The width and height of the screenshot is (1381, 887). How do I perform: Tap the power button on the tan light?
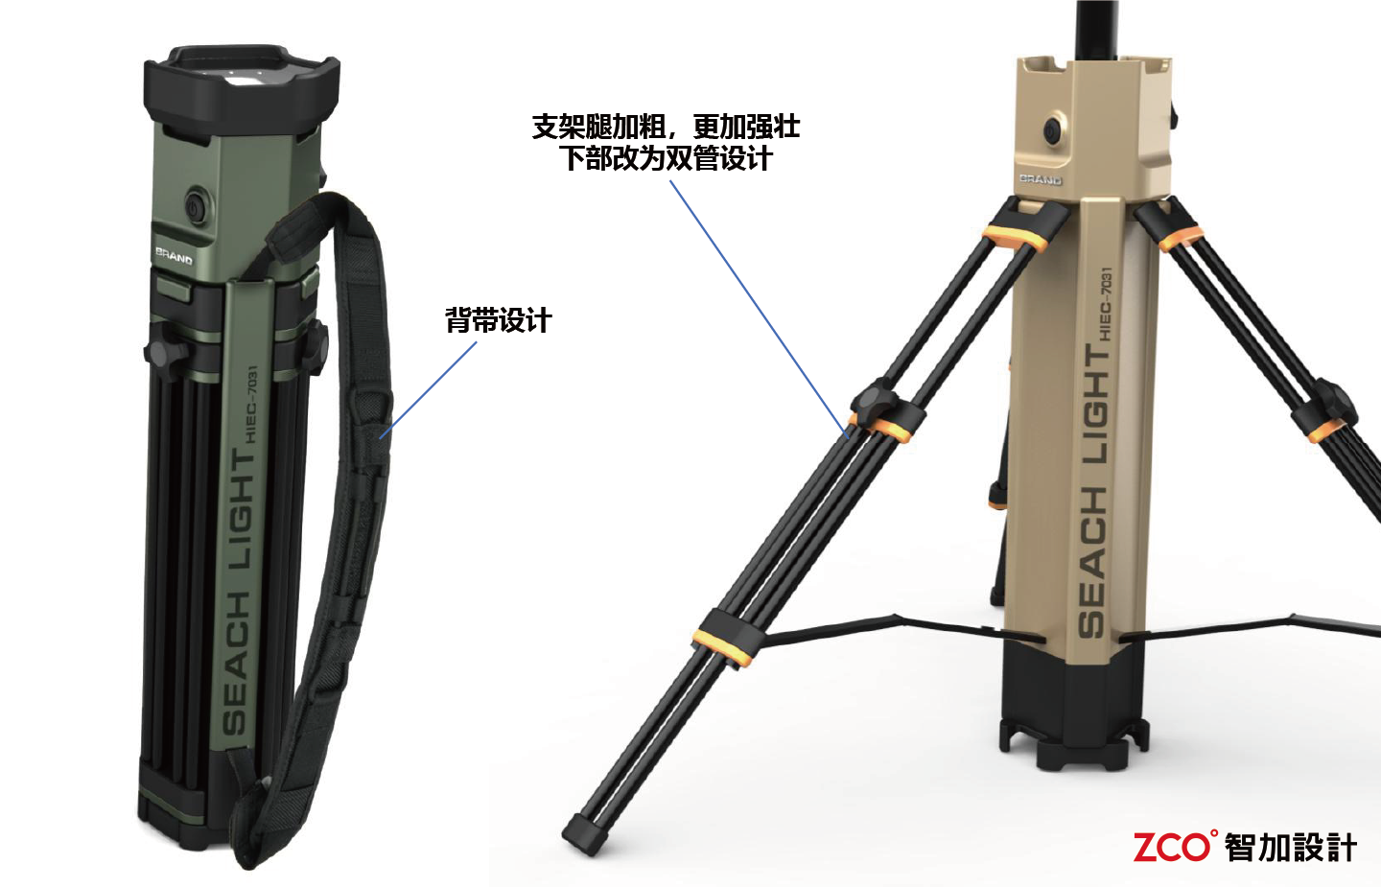click(x=1053, y=128)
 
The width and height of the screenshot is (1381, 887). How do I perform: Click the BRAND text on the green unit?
click(x=174, y=256)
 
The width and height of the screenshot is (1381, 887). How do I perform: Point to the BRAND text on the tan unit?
click(x=1040, y=179)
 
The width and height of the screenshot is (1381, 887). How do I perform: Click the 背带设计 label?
click(x=498, y=320)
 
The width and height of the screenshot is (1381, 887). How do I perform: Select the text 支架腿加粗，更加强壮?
click(x=666, y=127)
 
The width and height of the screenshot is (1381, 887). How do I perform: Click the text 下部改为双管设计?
click(x=666, y=158)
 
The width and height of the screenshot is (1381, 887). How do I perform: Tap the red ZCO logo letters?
click(x=1172, y=847)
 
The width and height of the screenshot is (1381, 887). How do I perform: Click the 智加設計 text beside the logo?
click(x=1290, y=848)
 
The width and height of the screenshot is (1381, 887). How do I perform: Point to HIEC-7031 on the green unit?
click(x=251, y=403)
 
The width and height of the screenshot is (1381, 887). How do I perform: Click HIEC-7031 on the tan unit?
click(x=1105, y=305)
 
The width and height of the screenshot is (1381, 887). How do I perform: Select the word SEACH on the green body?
click(x=236, y=662)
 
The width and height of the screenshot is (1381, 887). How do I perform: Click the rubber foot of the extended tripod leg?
click(x=586, y=833)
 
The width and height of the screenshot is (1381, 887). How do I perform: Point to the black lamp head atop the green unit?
click(x=242, y=86)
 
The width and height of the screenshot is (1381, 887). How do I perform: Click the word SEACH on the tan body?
click(x=1091, y=562)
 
